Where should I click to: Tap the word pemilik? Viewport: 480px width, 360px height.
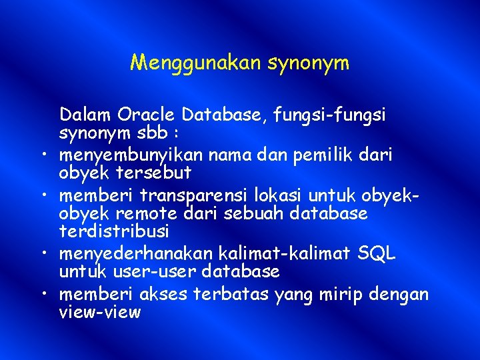316,155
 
